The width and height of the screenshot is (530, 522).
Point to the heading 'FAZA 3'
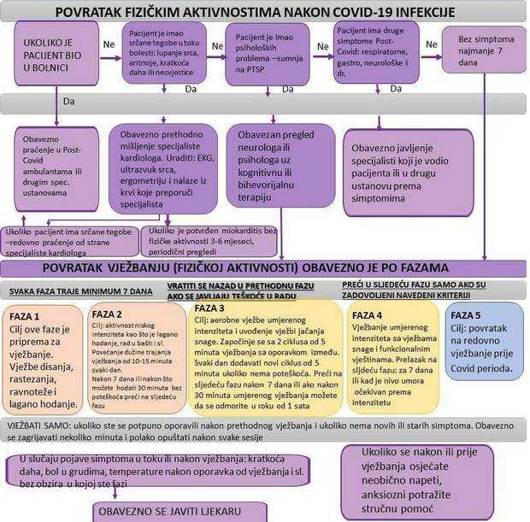(210, 308)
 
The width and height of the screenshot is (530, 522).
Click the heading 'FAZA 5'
(466, 314)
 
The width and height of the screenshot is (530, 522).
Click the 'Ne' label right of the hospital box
(108, 43)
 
